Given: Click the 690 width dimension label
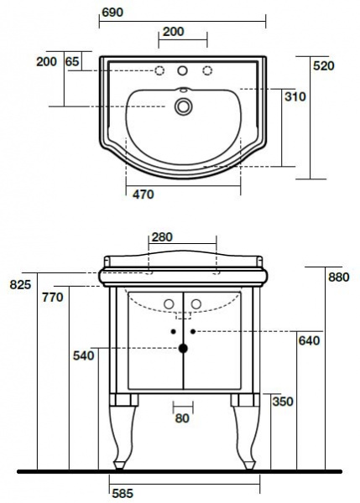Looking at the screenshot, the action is coord(112,13).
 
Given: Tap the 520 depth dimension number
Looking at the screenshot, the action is coord(324,65).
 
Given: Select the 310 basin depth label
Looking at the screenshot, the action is coord(295,96).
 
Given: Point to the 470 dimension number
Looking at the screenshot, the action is coord(143,194).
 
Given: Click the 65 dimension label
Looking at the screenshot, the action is coord(72,61).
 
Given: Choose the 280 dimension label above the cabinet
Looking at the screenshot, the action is coord(162,237).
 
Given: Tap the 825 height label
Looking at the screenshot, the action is coord(20,284).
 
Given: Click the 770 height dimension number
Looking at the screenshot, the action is coord(53,298).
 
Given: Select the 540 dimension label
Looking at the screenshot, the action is coord(84,355).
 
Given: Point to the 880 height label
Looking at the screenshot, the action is coord(338,277).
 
